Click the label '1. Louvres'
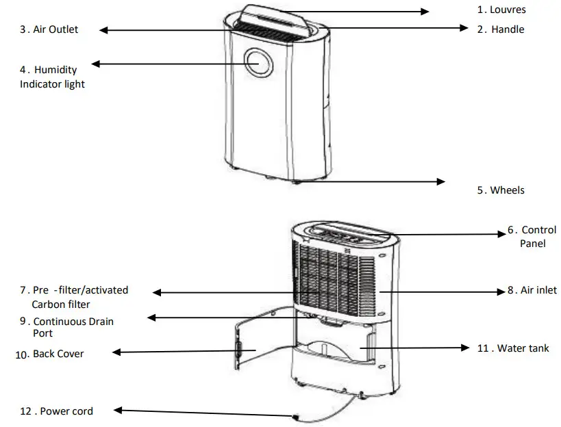tap(501, 10)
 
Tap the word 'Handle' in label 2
tap(508, 29)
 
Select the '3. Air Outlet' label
tap(49, 29)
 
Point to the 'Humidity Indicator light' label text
tap(52, 77)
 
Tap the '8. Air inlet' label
tap(532, 290)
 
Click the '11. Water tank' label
tap(513, 348)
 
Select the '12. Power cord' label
tap(56, 411)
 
